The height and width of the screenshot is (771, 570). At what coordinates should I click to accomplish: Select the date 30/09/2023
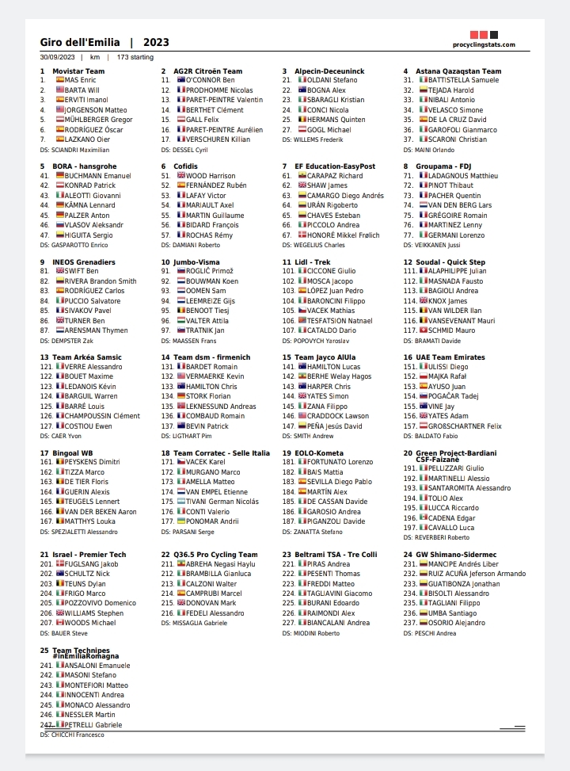coord(57,58)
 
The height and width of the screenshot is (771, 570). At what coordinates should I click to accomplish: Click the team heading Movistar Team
coord(78,71)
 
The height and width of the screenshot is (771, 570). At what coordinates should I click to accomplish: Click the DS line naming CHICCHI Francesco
coord(72,735)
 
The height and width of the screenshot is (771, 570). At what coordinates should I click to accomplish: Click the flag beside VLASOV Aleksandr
coord(60,224)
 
